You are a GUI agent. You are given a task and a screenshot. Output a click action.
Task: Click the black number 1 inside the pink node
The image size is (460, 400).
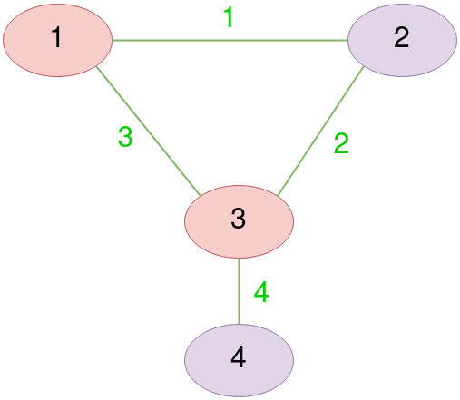coord(57,37)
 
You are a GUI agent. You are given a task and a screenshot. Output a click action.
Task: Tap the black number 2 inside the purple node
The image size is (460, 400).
coord(402,37)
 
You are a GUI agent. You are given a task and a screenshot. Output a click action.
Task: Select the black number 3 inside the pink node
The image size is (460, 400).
coord(239,218)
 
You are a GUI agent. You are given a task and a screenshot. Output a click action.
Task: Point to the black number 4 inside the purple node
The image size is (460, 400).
coord(239,357)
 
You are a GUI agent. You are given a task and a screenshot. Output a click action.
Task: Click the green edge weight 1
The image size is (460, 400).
coord(229,17)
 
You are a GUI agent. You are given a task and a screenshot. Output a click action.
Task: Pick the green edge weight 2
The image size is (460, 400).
coord(341,143)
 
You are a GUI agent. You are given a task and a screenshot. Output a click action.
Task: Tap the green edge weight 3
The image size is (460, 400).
coord(125,137)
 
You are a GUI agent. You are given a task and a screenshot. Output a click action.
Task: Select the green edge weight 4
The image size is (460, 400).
coord(261,292)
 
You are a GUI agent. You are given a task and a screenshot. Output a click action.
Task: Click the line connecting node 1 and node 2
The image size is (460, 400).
coord(230,40)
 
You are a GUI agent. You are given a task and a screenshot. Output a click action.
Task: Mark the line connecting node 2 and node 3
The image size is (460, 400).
coord(320,131)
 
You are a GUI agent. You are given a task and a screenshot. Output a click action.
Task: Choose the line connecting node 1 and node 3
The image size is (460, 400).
coord(148,131)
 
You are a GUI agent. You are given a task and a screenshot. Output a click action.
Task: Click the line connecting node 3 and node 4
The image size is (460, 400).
coord(240,291)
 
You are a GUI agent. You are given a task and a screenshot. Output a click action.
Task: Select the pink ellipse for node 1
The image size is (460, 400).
coord(57,40)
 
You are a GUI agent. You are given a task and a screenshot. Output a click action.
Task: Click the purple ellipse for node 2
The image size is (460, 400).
coord(402,40)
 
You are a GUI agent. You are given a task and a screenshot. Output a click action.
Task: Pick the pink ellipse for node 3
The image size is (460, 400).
coord(239,221)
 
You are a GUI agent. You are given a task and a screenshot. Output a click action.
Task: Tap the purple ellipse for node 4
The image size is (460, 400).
coord(239,360)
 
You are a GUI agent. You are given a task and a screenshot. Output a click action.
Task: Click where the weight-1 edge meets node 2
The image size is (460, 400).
coord(347,40)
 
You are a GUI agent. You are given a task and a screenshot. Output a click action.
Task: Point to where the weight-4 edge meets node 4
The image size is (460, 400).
coord(240,325)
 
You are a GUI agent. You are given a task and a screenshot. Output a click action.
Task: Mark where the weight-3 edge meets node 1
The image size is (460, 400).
coord(96,66)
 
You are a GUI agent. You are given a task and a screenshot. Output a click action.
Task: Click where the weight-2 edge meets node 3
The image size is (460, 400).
coord(278,196)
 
